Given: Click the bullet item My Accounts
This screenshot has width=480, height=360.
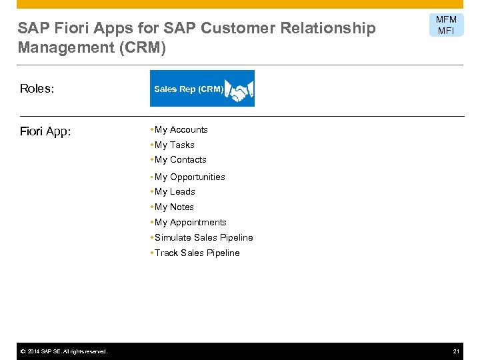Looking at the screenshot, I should [x=181, y=130].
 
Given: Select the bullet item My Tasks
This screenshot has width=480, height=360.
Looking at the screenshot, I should [x=174, y=145].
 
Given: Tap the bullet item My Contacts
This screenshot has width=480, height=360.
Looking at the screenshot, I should [x=180, y=160].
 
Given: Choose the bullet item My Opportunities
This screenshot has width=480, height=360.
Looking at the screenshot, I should [x=189, y=177].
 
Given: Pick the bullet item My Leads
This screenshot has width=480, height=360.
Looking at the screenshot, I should [x=175, y=192].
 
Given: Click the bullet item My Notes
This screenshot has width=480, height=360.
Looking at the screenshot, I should [x=174, y=207].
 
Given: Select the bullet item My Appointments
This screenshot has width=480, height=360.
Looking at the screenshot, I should [x=190, y=223].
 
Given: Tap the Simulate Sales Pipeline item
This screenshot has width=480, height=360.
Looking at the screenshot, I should [x=203, y=238].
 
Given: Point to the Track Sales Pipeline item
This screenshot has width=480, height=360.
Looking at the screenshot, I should [x=197, y=253].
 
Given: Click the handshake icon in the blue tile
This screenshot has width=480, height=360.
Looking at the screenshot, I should [x=239, y=89].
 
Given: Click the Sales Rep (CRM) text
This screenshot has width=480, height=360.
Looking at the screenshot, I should [x=188, y=89].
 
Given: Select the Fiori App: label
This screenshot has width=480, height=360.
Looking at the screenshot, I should [x=45, y=131].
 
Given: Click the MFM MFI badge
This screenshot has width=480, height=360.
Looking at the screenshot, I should [x=446, y=25].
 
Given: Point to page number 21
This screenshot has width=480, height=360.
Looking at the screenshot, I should [x=457, y=351].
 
